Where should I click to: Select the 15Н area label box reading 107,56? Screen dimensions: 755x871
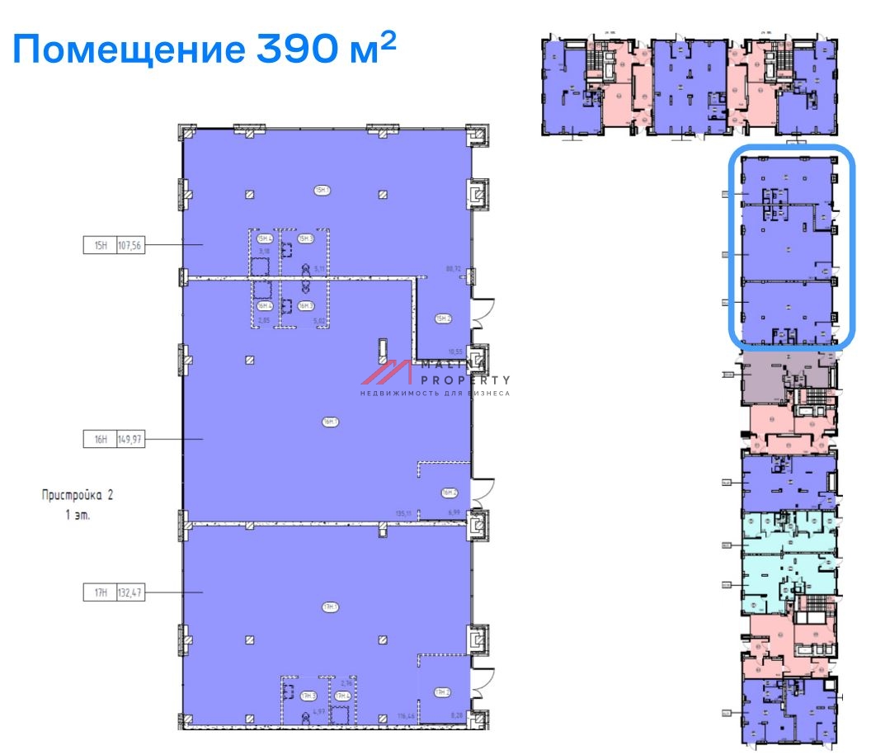pyautogui.click(x=114, y=245)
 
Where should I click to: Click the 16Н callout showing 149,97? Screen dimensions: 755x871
pyautogui.click(x=114, y=440)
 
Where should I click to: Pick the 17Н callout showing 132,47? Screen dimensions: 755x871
pyautogui.click(x=114, y=592)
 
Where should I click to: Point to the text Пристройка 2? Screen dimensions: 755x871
pyautogui.click(x=77, y=495)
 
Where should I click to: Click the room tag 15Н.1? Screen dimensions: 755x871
pyautogui.click(x=322, y=191)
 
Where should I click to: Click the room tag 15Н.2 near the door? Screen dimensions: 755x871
pyautogui.click(x=443, y=318)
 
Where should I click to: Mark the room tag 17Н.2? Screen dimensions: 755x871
pyautogui.click(x=442, y=691)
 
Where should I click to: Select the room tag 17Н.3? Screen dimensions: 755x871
pyautogui.click(x=308, y=696)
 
